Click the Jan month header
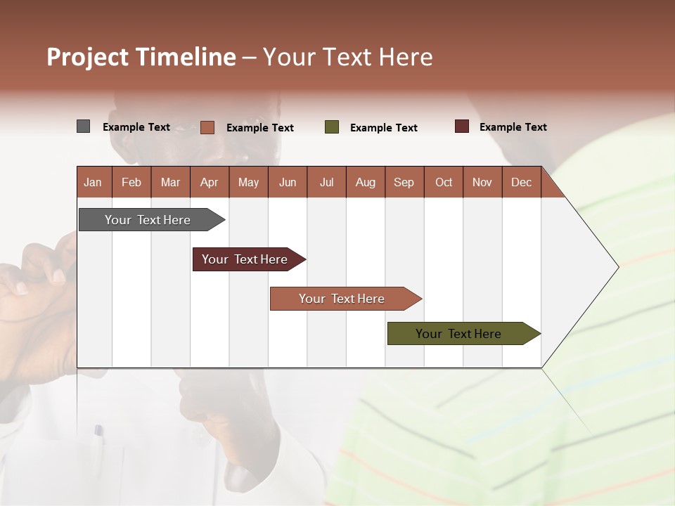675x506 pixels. (x=93, y=182)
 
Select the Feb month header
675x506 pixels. (x=131, y=182)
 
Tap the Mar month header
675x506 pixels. (x=170, y=182)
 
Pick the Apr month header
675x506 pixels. (x=210, y=182)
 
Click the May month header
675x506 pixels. (x=248, y=182)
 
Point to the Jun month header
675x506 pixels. (x=288, y=182)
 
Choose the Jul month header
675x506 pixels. (x=326, y=182)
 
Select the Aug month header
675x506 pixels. (x=366, y=182)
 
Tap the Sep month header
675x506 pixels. (x=404, y=182)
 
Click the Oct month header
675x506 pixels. (x=444, y=182)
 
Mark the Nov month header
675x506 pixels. (x=482, y=182)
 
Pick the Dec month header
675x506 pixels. (x=522, y=182)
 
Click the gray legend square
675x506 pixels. (x=83, y=126)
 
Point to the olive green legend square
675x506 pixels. (x=332, y=127)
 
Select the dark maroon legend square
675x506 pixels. (x=461, y=126)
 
